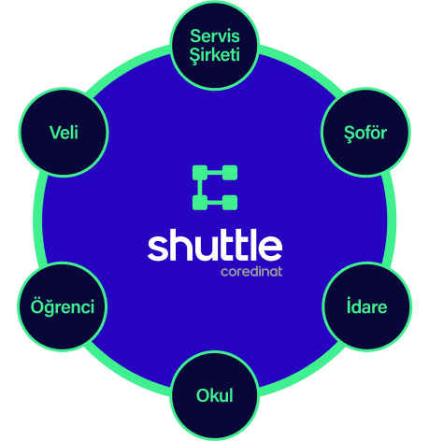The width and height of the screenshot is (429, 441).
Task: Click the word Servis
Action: [x=215, y=36]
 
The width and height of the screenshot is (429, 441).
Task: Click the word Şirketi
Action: [x=215, y=55]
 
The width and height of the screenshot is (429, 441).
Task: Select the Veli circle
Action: [x=64, y=133]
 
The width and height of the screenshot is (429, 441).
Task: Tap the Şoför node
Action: [x=365, y=133]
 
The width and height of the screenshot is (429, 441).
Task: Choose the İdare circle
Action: [x=366, y=306]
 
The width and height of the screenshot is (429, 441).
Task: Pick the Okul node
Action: [x=215, y=395]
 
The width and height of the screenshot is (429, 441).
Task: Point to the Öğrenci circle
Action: [x=63, y=306]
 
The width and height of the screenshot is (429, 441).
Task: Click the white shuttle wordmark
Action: [x=215, y=245]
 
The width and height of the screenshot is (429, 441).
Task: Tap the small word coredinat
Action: [x=251, y=272]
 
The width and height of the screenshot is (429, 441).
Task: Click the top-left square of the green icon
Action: [x=200, y=173]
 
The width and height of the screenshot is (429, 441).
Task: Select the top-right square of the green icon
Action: [x=230, y=173]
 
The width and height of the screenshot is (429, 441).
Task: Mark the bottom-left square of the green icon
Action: [x=200, y=203]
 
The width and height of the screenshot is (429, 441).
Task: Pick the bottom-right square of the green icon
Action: [x=230, y=203]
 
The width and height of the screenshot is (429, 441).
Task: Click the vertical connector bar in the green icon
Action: [x=200, y=188]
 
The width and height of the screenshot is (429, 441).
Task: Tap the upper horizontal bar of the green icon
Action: [x=215, y=173]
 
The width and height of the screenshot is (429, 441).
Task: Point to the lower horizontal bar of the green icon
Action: [x=215, y=203]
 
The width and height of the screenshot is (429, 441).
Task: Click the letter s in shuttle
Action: [x=158, y=249]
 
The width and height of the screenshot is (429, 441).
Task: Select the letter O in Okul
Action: [x=204, y=395]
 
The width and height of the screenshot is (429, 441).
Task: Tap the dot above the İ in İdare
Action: [x=350, y=298]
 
